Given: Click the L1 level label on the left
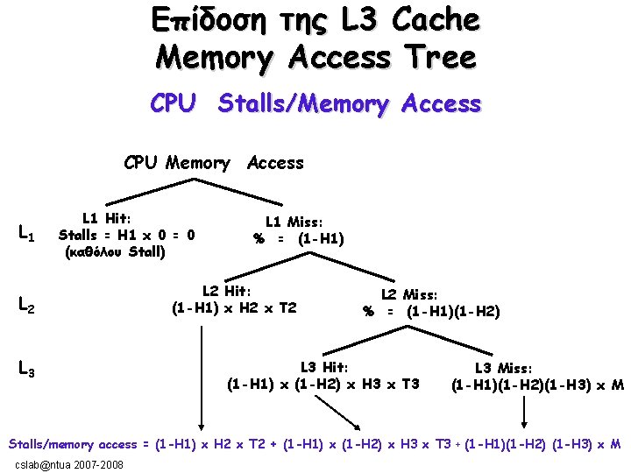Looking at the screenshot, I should (26, 233).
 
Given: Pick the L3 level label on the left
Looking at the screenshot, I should (26, 371).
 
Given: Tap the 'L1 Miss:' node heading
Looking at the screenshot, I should (294, 222).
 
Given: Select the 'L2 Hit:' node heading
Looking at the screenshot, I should (227, 291).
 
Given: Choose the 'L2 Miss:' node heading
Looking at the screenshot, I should (408, 295).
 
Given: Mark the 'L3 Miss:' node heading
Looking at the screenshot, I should (503, 369).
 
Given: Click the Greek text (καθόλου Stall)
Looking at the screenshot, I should (115, 252).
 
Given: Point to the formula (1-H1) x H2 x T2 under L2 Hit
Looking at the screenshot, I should (234, 307).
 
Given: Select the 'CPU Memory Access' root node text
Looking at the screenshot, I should (214, 163).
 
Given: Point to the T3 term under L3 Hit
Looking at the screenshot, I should (407, 385).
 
